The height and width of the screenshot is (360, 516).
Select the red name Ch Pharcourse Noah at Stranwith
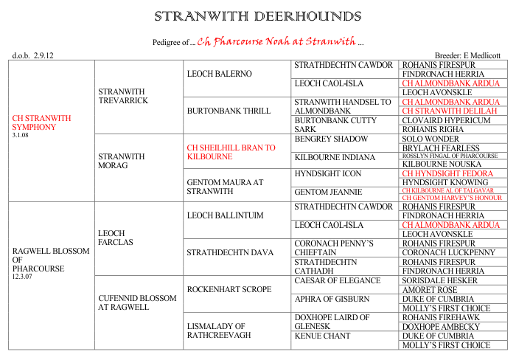(276, 40)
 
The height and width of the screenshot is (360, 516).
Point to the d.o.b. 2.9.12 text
(33, 55)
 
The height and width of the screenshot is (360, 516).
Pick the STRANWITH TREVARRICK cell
(123, 95)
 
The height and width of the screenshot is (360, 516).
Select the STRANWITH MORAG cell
(118, 160)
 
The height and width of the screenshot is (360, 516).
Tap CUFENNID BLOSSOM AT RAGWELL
(137, 303)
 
